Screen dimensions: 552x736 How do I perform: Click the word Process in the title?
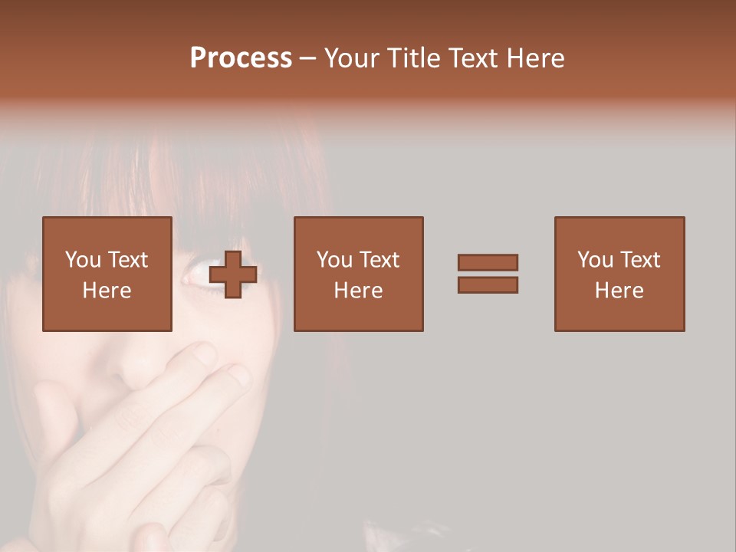point(241,58)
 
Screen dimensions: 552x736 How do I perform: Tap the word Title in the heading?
point(416,58)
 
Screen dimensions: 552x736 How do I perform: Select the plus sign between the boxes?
point(234,274)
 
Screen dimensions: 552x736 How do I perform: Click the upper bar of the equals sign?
point(488,263)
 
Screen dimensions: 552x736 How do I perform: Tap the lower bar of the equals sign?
point(488,285)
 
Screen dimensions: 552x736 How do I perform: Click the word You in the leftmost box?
point(82,260)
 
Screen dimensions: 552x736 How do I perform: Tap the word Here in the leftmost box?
point(107,291)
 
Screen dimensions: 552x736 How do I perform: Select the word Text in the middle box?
point(380,260)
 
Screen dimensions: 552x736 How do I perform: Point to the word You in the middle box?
point(334,260)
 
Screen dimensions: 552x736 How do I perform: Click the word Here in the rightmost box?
point(619,291)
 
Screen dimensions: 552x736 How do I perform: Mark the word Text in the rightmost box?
point(641,260)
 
